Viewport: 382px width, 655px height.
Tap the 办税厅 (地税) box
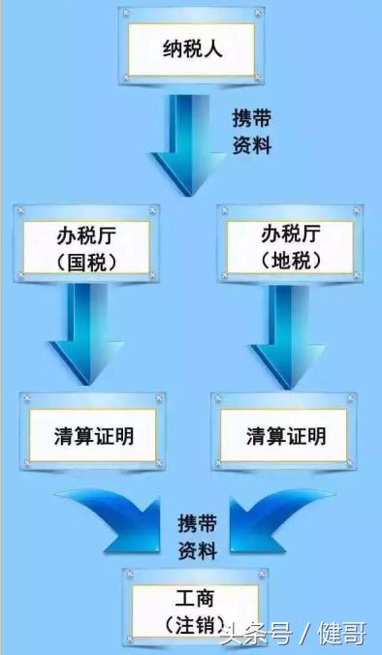click(x=290, y=247)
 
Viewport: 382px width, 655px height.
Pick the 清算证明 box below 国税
click(x=93, y=435)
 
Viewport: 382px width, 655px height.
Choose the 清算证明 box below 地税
click(x=286, y=435)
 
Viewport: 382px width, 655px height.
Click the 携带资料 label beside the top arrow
click(x=251, y=132)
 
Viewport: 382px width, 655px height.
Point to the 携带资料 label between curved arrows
click(x=197, y=536)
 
